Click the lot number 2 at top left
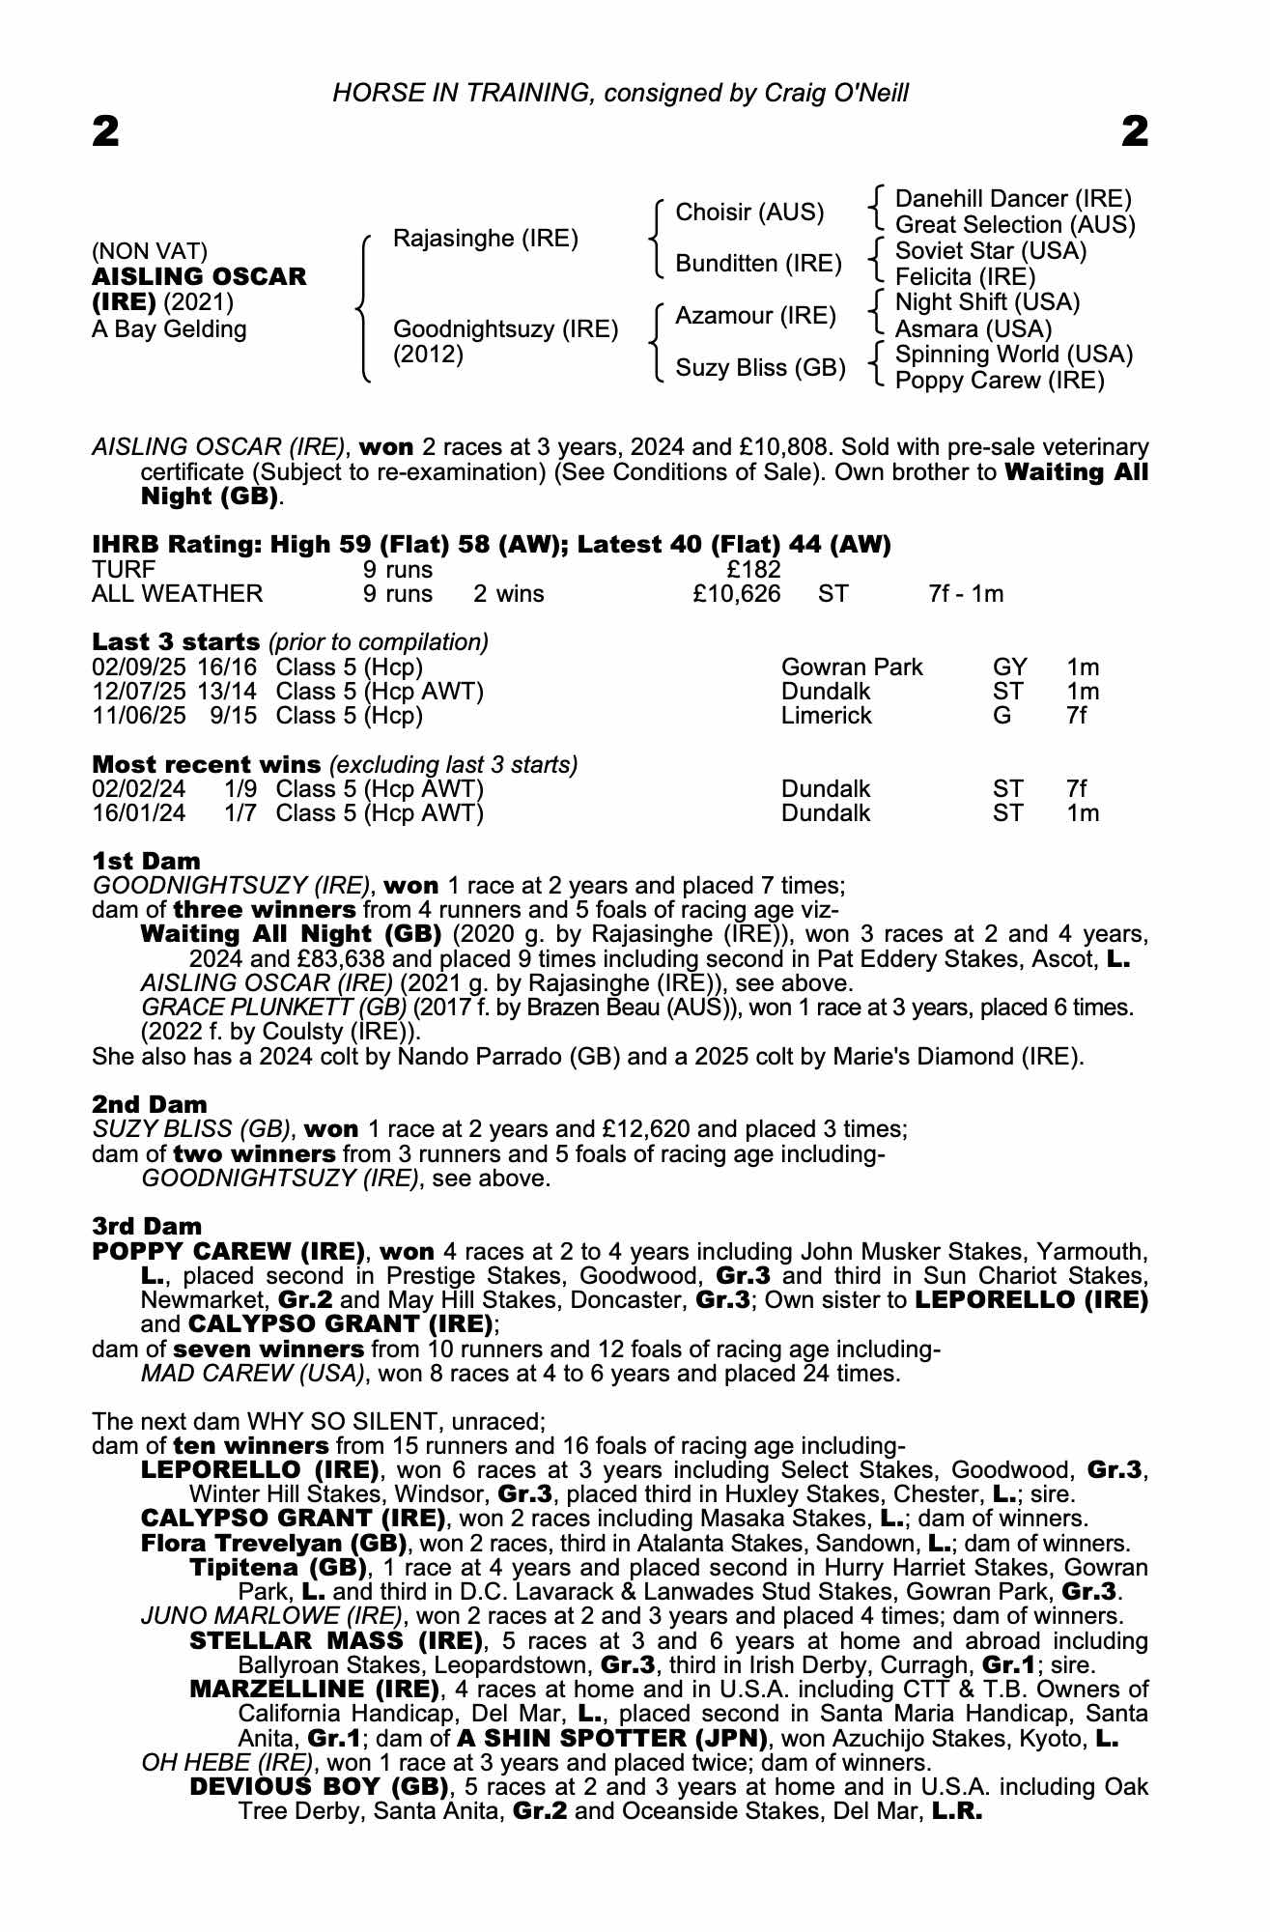pyautogui.click(x=106, y=131)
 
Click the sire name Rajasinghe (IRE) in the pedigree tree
pyautogui.click(x=486, y=239)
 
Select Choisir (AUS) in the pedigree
pyautogui.click(x=749, y=213)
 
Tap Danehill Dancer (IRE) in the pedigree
pyautogui.click(x=1013, y=199)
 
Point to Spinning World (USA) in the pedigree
pyautogui.click(x=1014, y=355)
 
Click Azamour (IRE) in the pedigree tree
pyautogui.click(x=755, y=316)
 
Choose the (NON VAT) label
pyautogui.click(x=150, y=251)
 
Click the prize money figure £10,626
pyautogui.click(x=736, y=593)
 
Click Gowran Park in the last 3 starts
pyautogui.click(x=852, y=668)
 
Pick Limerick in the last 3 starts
pyautogui.click(x=826, y=716)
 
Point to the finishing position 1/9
pyautogui.click(x=240, y=789)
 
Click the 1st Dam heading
pyautogui.click(x=147, y=861)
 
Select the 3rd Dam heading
pyautogui.click(x=148, y=1226)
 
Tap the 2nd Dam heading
pyautogui.click(x=150, y=1104)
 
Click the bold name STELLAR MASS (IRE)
pyautogui.click(x=336, y=1640)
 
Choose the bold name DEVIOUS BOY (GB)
pyautogui.click(x=319, y=1786)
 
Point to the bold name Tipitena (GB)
pyautogui.click(x=278, y=1567)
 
